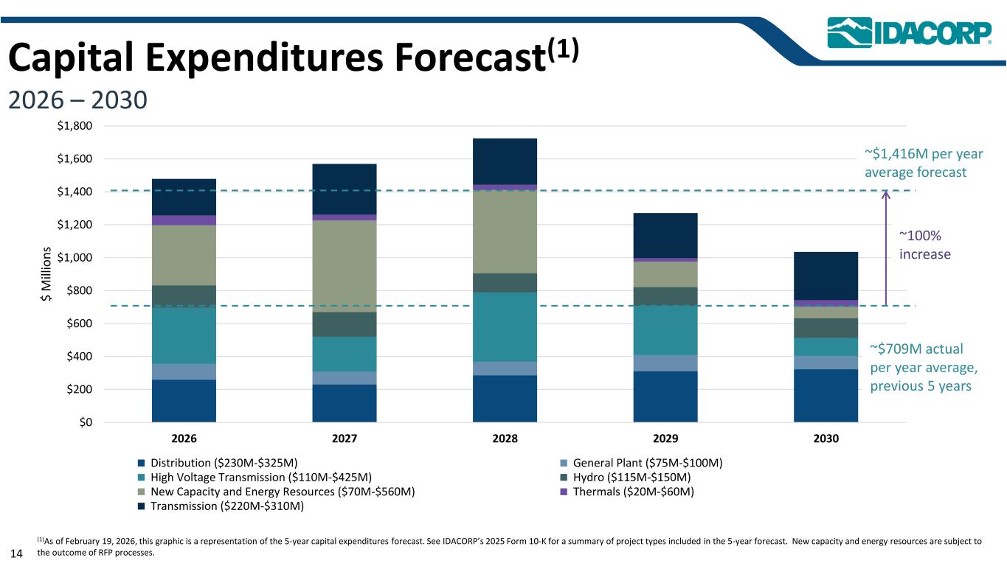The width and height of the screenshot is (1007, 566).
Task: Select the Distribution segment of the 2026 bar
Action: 184,400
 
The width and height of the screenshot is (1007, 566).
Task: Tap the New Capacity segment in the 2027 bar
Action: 345,266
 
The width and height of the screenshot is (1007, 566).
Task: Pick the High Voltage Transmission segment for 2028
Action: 505,326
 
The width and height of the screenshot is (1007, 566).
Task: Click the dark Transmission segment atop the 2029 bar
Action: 665,235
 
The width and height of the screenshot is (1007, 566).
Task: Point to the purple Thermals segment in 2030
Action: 826,303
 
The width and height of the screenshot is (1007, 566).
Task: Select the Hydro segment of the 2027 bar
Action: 345,324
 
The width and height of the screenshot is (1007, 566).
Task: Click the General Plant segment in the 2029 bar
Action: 665,363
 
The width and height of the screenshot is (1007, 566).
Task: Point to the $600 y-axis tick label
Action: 77,324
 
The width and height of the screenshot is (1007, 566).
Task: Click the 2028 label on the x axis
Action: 505,438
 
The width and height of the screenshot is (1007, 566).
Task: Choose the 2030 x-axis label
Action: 826,438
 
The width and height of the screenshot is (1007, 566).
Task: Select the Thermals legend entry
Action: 627,492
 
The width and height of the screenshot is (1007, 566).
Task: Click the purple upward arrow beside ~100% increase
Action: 886,248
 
